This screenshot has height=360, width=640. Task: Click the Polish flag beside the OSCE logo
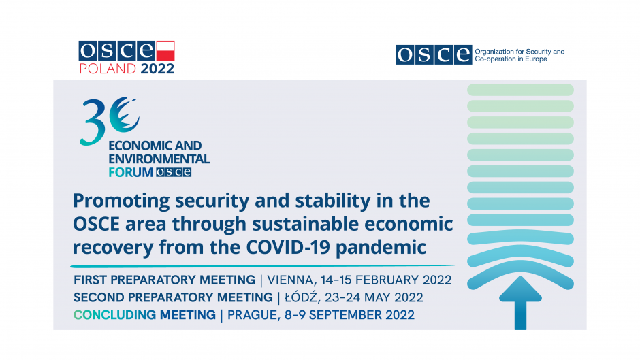point(165,50)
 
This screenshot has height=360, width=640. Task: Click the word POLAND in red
point(108,69)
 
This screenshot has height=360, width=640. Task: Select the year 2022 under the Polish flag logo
point(157,69)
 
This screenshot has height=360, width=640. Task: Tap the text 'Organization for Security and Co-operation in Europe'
point(519,55)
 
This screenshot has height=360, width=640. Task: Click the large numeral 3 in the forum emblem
point(92,122)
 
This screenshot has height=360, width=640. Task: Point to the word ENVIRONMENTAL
point(159,159)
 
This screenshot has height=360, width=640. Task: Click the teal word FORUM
point(131,172)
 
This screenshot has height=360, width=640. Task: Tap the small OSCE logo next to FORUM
point(174,172)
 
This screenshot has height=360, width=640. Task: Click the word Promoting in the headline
point(121,201)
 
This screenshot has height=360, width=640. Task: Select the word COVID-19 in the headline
point(288,247)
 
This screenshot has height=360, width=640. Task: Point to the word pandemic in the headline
point(381,248)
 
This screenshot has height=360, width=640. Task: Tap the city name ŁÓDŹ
point(301,297)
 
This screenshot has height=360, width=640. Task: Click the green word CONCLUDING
point(114,315)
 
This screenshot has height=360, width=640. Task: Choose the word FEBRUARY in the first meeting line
point(387,280)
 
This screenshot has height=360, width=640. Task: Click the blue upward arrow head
point(520,289)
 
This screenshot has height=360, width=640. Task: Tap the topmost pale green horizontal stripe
point(520,90)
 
